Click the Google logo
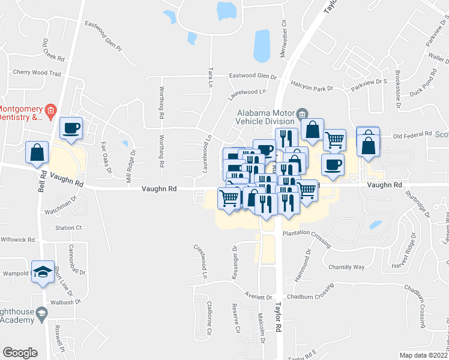(x=20, y=353)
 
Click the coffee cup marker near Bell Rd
(x=71, y=128)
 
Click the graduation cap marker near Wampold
(x=43, y=273)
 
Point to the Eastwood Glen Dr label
(x=253, y=77)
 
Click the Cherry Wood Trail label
(x=37, y=73)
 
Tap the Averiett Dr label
(x=258, y=296)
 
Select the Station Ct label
(x=68, y=227)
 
